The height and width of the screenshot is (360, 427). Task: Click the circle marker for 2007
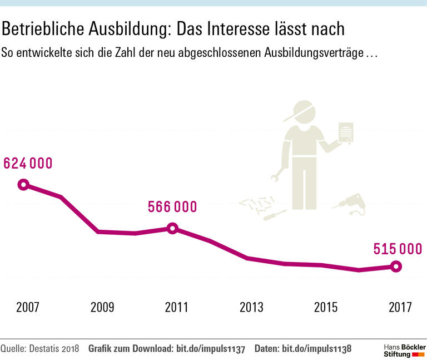click(x=23, y=185)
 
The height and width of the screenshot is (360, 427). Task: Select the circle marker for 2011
click(x=172, y=228)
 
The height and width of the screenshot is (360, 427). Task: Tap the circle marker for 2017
click(x=396, y=267)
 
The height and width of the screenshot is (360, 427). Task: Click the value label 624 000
click(x=28, y=164)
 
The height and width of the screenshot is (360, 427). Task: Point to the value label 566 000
click(x=172, y=207)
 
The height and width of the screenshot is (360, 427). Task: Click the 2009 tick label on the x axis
click(x=102, y=307)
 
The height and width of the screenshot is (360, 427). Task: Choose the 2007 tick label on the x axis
click(x=28, y=307)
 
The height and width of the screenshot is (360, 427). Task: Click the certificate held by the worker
click(x=346, y=132)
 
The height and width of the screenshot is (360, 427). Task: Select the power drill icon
click(x=351, y=204)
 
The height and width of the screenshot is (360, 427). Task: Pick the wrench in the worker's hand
click(x=276, y=177)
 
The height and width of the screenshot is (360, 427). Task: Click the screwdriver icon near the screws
click(x=274, y=214)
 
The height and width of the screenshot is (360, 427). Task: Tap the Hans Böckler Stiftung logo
click(x=404, y=349)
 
